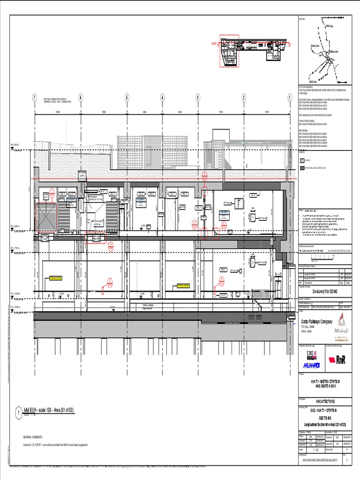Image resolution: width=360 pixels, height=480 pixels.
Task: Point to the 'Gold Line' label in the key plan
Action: [313, 81]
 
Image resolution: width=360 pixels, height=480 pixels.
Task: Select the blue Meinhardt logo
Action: [311, 365]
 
